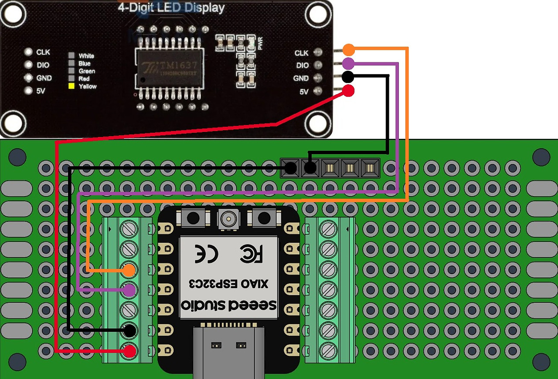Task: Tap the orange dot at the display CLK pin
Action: tap(348, 49)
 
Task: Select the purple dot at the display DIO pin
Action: tap(348, 64)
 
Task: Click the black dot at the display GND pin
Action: tap(347, 77)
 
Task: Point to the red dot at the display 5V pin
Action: tap(348, 91)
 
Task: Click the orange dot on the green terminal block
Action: tap(129, 270)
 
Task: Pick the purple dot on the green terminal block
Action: tap(129, 289)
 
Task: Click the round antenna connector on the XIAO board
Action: tap(228, 219)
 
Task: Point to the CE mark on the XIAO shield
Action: tap(207, 253)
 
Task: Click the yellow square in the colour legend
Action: tap(71, 86)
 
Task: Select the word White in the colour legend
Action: tap(86, 56)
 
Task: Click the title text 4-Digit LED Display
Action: tap(171, 8)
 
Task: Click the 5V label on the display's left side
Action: tap(41, 91)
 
